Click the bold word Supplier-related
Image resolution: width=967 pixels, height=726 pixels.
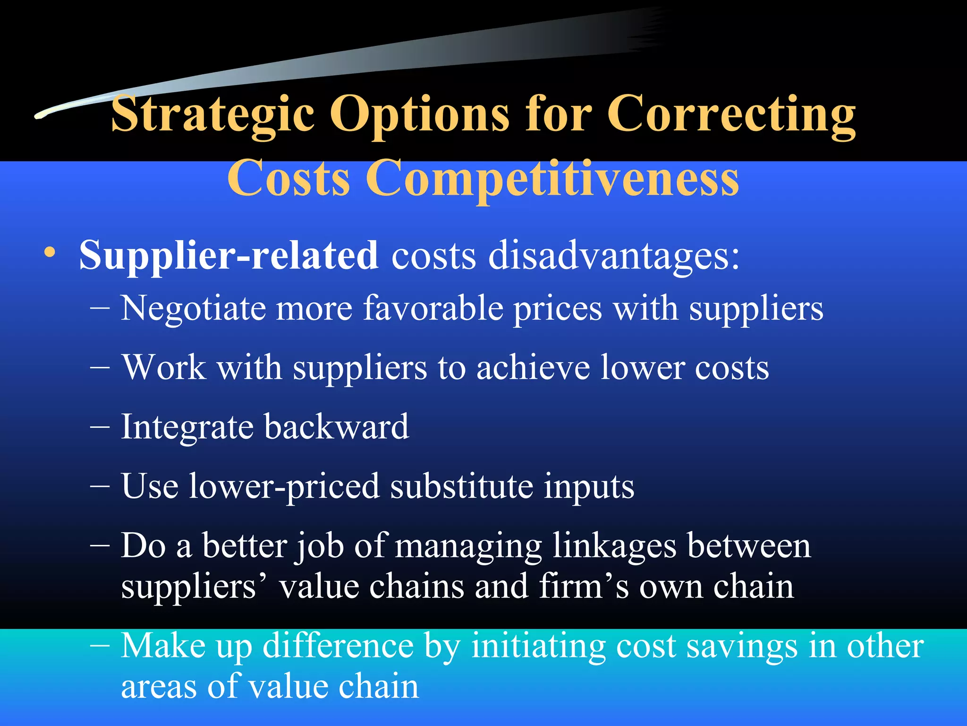229,256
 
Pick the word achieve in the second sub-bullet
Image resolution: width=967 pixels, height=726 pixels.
533,368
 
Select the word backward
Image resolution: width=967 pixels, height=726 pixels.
336,427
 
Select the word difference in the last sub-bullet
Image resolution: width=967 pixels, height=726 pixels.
338,647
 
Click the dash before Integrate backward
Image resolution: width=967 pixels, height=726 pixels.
100,427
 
